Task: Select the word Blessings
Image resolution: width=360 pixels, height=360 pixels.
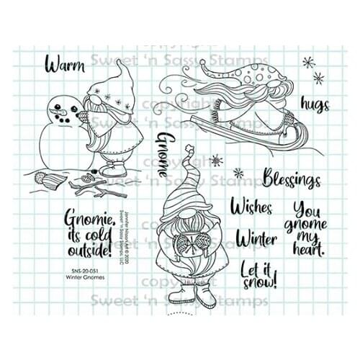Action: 292,176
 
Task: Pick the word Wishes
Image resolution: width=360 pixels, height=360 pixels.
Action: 252,207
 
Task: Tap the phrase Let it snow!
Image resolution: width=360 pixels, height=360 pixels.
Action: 259,273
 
